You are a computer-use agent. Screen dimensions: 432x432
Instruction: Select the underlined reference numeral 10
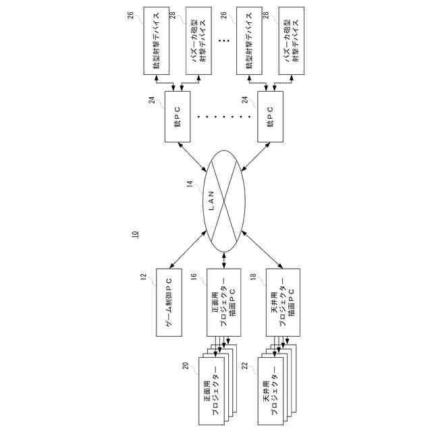click(136, 235)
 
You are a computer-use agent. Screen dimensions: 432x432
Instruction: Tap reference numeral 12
click(144, 277)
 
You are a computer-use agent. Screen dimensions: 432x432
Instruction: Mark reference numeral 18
click(253, 277)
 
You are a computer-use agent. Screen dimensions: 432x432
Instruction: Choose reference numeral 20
click(184, 366)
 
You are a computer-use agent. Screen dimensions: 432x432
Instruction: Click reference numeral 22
click(245, 366)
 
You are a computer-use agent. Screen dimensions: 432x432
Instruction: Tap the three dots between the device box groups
click(223, 40)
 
